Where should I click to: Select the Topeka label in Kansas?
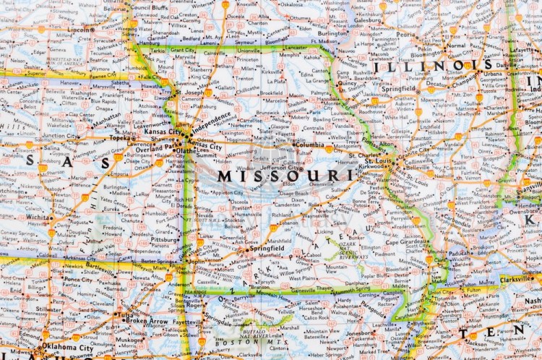coord(118,137)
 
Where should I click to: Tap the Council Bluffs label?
coord(150,8)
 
